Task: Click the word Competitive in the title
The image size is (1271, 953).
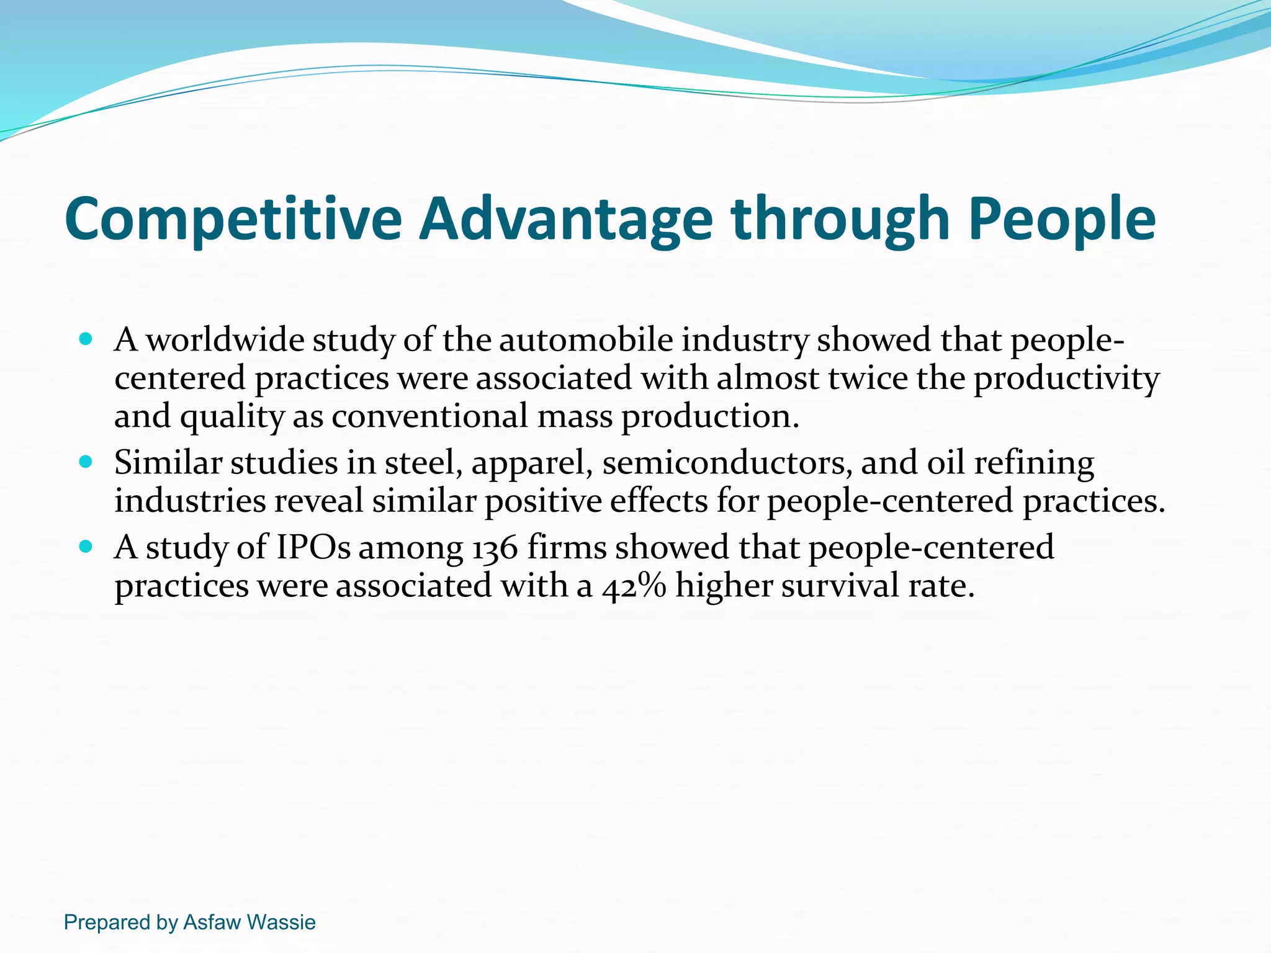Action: click(x=233, y=219)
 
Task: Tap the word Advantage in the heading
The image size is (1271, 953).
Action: click(x=565, y=219)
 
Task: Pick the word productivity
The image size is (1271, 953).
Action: click(x=1066, y=378)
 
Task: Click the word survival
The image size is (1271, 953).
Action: click(x=840, y=586)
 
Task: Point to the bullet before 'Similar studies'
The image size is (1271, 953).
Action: click(x=86, y=462)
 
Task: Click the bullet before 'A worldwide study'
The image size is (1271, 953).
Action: click(x=86, y=340)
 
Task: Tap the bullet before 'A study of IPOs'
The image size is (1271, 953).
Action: click(x=86, y=547)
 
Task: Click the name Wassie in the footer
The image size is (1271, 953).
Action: click(x=281, y=923)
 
